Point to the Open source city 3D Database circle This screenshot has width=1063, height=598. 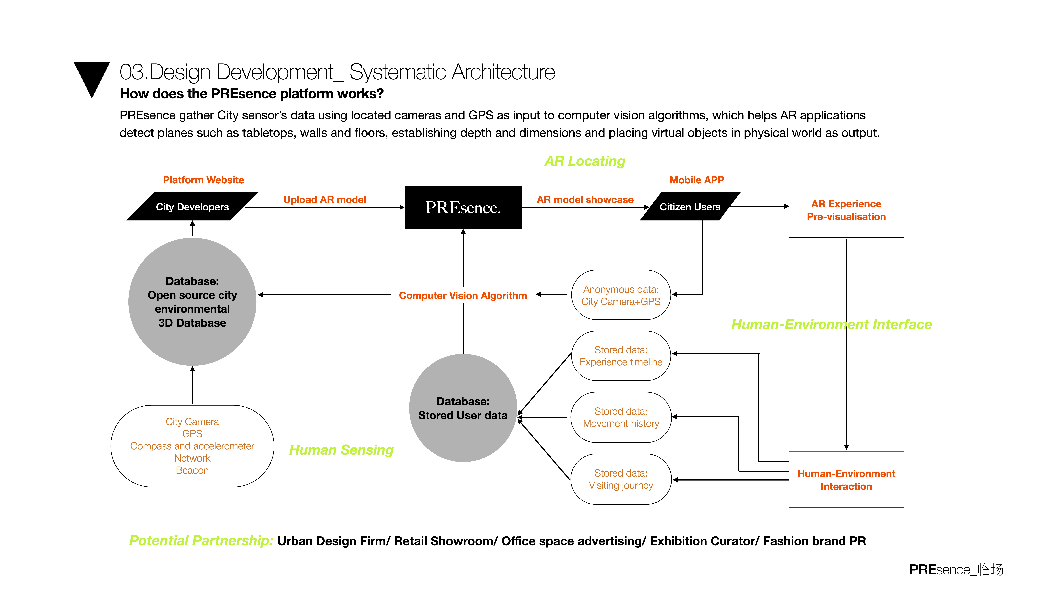click(x=192, y=302)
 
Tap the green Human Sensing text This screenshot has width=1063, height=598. click(x=341, y=450)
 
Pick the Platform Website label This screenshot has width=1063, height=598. click(x=203, y=180)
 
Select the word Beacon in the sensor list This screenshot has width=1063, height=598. click(x=192, y=470)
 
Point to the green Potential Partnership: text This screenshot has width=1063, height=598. click(x=201, y=541)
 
